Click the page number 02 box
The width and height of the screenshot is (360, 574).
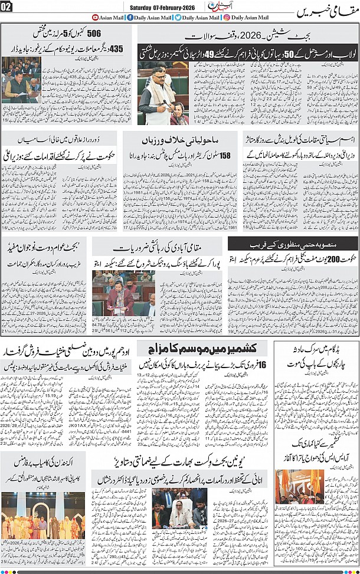[7, 7]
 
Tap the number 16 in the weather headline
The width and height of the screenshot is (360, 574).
[261, 365]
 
